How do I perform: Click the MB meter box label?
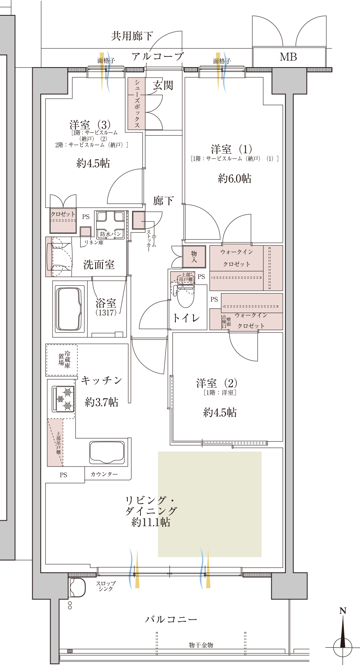[x=288, y=57]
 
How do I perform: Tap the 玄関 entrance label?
[x=163, y=85]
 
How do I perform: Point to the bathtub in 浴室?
[x=69, y=309]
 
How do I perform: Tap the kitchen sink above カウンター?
[x=107, y=452]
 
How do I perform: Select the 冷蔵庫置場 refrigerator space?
[x=62, y=360]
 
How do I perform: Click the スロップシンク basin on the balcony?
[x=78, y=587]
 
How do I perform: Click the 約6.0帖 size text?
[x=234, y=179]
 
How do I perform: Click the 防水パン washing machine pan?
[x=110, y=225]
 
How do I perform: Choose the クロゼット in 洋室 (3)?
[x=63, y=220]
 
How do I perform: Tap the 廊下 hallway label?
[x=163, y=200]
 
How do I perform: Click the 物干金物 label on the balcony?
[x=201, y=645]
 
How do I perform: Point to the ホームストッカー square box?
[x=139, y=220]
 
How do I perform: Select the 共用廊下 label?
[x=132, y=36]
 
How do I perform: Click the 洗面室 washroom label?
[x=99, y=265]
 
